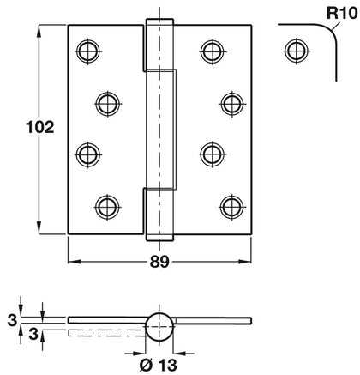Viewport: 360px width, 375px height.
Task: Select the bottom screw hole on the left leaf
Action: point(105,206)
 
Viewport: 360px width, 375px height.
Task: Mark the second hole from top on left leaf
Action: point(105,103)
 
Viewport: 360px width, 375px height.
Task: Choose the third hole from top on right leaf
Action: point(212,154)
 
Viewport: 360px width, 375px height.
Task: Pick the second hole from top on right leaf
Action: point(231,103)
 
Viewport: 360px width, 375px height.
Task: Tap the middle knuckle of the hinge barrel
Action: point(162,130)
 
